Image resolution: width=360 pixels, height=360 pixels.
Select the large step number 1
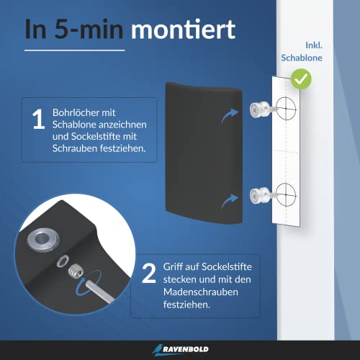[38, 121]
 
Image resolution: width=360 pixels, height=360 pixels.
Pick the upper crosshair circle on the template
[285, 110]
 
